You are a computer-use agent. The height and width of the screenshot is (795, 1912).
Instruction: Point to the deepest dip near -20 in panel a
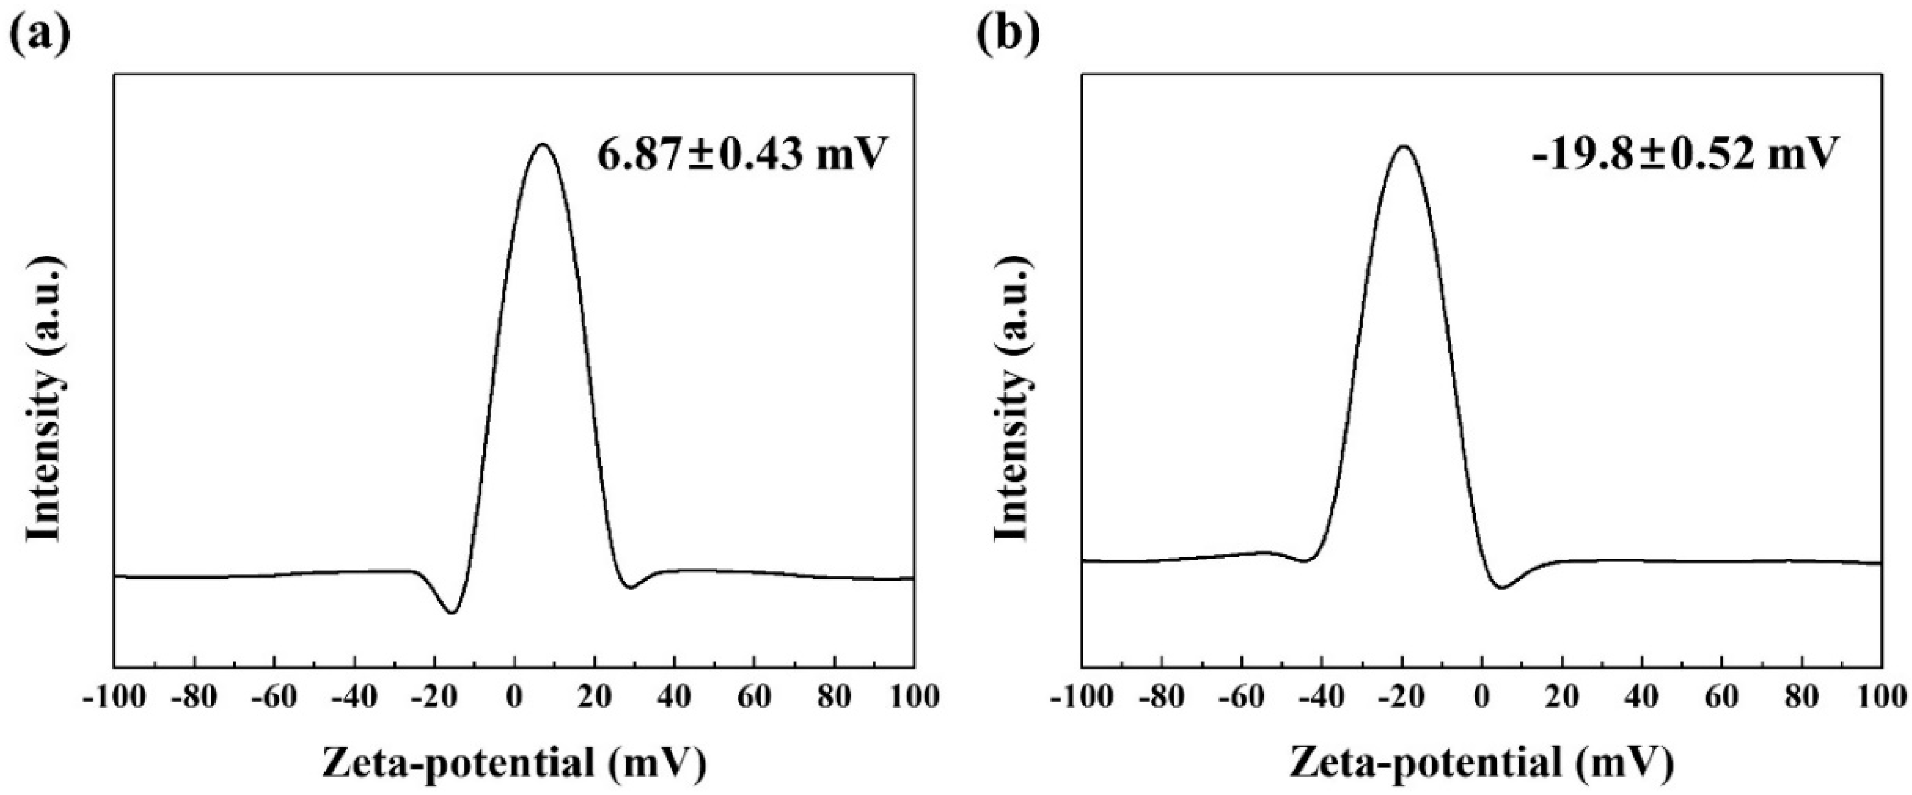pyautogui.click(x=451, y=612)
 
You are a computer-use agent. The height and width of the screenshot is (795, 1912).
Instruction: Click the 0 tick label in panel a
pyautogui.click(x=513, y=698)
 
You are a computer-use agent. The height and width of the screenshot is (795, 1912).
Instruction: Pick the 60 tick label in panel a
pyautogui.click(x=754, y=698)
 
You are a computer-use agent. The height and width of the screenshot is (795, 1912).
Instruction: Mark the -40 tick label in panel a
pyautogui.click(x=353, y=698)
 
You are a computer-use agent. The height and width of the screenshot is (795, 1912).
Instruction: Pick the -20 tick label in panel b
pyautogui.click(x=1402, y=698)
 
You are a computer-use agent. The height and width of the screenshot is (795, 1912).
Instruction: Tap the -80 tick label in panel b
pyautogui.click(x=1162, y=698)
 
